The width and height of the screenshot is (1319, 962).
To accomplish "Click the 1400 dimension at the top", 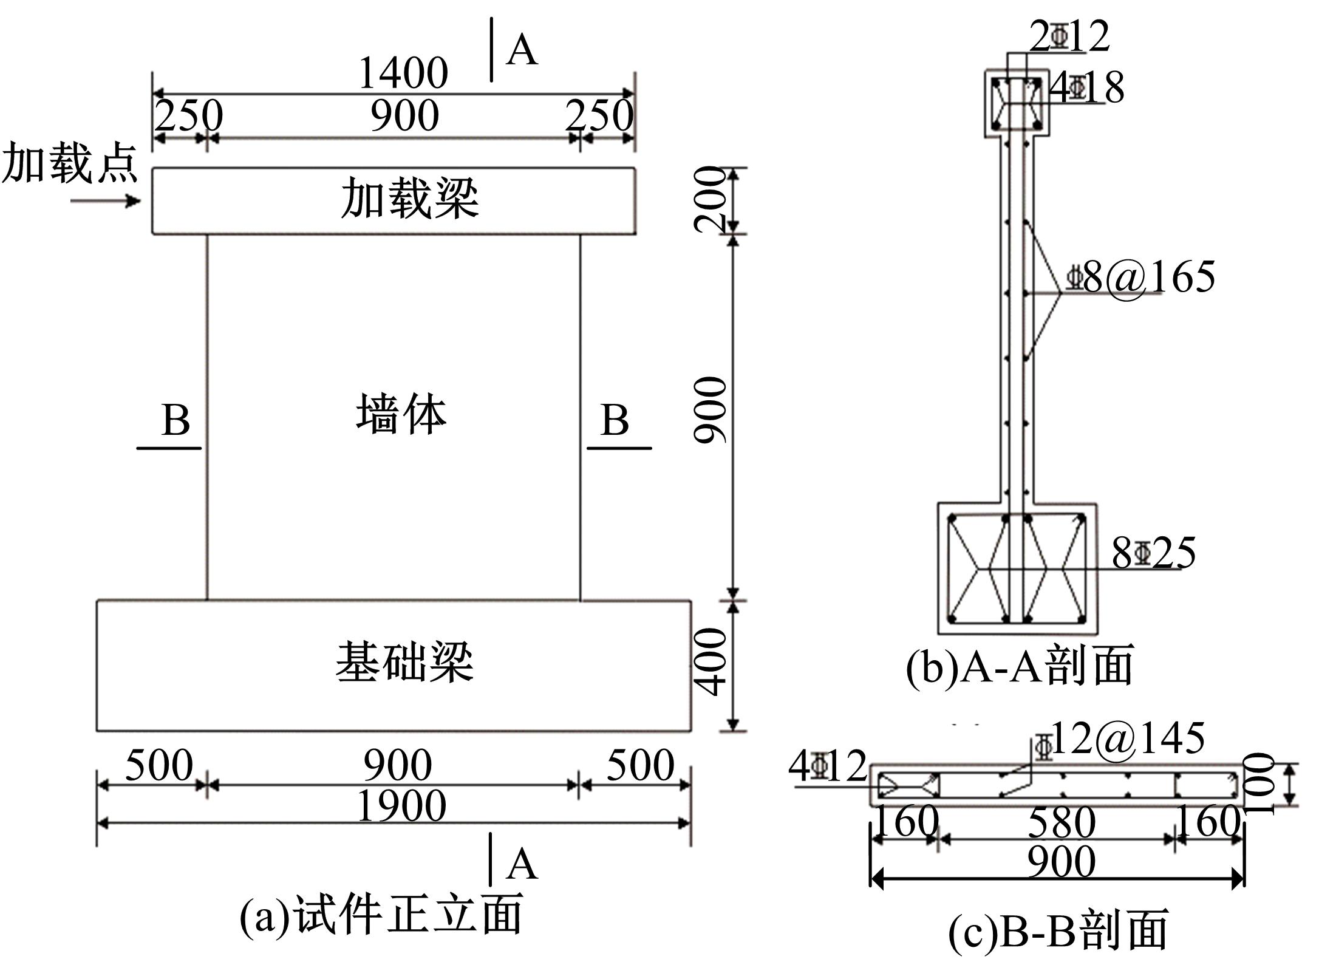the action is (404, 73).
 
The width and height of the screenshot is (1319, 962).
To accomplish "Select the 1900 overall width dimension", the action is (401, 807).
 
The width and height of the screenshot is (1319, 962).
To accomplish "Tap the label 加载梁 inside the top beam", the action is (409, 199).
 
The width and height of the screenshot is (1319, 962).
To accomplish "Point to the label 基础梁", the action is (404, 662).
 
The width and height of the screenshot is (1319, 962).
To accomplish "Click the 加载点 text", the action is (70, 164).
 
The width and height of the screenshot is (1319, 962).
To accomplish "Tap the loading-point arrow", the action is (106, 200).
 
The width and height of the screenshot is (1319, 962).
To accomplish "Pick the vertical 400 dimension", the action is (711, 661).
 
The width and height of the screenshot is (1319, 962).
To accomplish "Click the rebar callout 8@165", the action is (1142, 277).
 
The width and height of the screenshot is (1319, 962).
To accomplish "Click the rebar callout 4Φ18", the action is (1087, 87).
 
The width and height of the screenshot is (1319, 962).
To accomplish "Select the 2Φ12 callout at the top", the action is (1069, 36).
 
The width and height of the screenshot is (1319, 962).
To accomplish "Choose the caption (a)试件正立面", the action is (381, 914).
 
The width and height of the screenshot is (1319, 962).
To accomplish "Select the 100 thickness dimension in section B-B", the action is (1258, 784).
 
